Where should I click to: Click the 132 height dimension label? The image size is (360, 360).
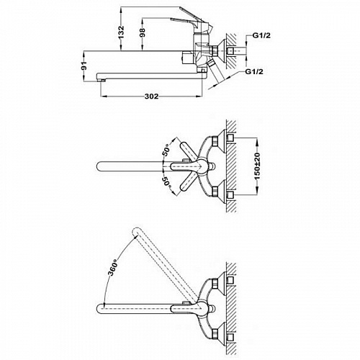point(122,32)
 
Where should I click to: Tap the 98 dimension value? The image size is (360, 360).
point(143,32)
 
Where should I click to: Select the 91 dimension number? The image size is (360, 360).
point(84,66)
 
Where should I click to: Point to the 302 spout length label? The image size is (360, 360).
point(151,96)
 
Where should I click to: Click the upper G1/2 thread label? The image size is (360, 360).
point(261,35)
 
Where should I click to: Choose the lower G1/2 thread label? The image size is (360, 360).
point(254,71)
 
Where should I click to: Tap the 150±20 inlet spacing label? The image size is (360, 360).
point(257,166)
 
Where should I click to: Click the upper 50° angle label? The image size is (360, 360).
point(166,150)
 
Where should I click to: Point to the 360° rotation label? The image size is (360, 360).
point(113,267)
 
